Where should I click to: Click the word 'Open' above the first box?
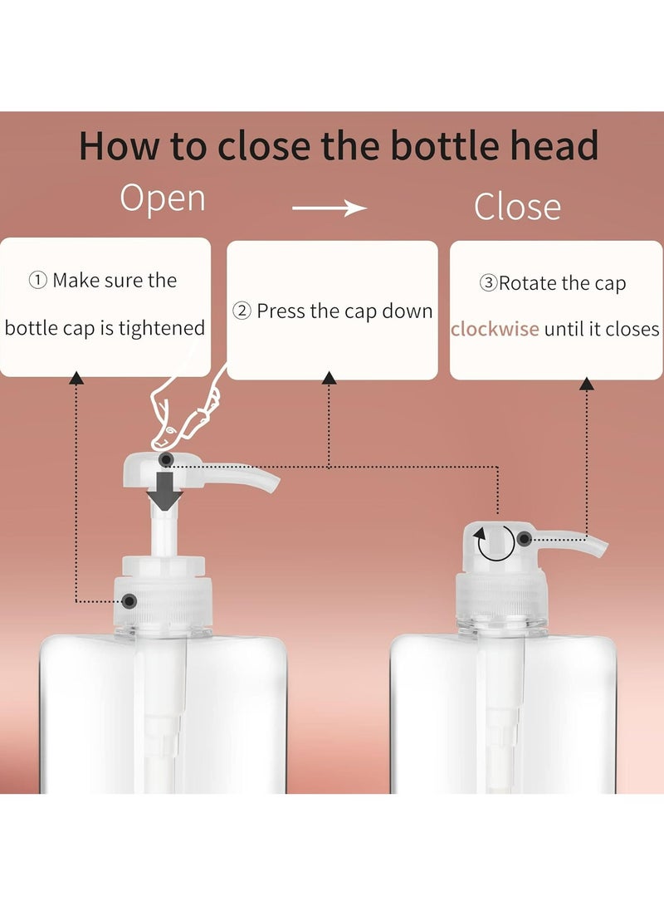click(163, 199)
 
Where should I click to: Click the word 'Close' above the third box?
click(517, 207)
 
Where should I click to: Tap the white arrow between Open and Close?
click(330, 208)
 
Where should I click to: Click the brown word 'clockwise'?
click(495, 329)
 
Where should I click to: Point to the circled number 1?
click(37, 281)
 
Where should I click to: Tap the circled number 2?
click(242, 311)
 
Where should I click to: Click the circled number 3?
click(488, 283)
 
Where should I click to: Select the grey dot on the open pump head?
click(166, 459)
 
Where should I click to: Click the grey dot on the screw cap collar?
click(129, 600)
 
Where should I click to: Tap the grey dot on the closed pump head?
click(524, 539)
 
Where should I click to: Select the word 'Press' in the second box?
click(281, 311)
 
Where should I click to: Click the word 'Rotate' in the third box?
click(528, 283)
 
